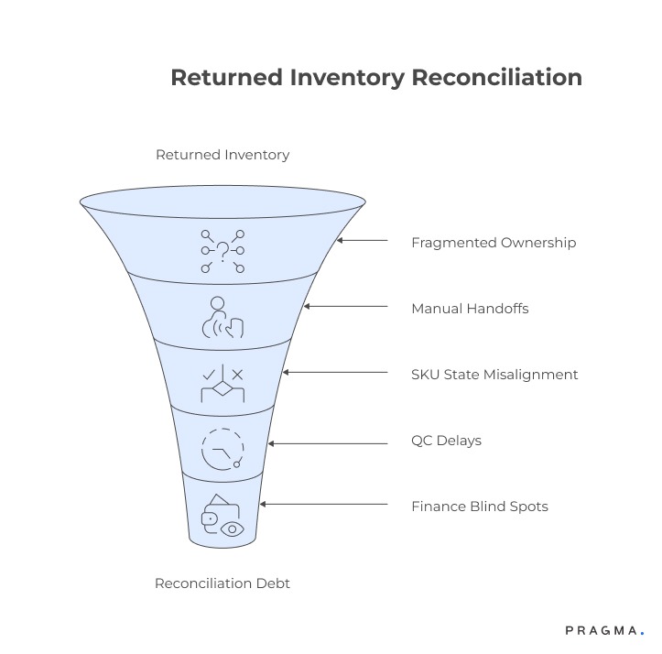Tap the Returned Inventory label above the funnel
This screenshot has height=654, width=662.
pos(222,155)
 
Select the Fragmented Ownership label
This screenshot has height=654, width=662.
pos(494,243)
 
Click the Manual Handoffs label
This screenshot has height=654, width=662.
pos(470,308)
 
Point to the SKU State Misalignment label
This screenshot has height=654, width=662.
pos(494,374)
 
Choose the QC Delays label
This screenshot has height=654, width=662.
pos(446,441)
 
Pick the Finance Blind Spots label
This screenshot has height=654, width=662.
pos(480,506)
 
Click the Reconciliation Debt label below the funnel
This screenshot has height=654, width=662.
pos(222,583)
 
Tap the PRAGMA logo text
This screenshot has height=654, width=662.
pos(602,631)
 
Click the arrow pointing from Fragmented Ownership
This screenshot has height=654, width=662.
pos(363,241)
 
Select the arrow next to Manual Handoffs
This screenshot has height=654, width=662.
pos(345,307)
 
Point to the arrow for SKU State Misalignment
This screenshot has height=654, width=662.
pos(335,373)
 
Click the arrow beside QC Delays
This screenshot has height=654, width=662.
pos(327,442)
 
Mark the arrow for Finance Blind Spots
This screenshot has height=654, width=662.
pos(322,505)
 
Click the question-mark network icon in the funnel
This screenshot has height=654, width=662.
pos(222,250)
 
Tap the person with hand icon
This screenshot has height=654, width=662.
pos(222,317)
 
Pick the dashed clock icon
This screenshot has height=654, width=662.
pos(222,449)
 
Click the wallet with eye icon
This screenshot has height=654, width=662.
pos(222,516)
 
